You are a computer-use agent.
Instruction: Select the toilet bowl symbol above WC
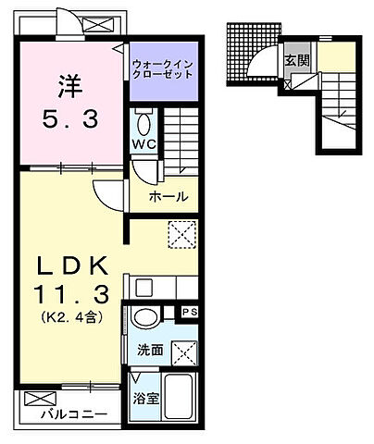point(143,122)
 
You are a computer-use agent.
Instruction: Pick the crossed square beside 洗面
point(185,351)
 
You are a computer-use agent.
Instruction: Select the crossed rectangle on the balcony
point(34,399)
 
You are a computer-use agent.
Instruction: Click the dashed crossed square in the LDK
point(181,234)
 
